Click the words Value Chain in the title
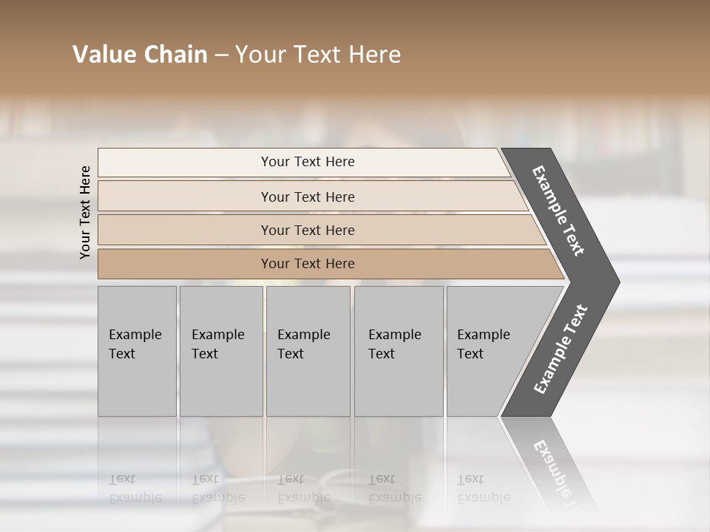pyautogui.click(x=140, y=55)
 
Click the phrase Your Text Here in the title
pyautogui.click(x=318, y=55)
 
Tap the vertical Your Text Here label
pyautogui.click(x=85, y=212)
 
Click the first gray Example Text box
pyautogui.click(x=137, y=351)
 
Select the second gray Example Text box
pyautogui.click(x=220, y=351)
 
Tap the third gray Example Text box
pyautogui.click(x=308, y=351)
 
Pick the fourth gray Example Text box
pyautogui.click(x=398, y=351)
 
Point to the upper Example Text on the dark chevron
pyautogui.click(x=559, y=211)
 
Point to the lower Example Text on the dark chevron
pyautogui.click(x=561, y=349)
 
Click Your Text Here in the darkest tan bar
pyautogui.click(x=308, y=264)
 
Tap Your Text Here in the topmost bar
pyautogui.click(x=308, y=162)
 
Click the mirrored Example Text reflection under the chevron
pyautogui.click(x=555, y=473)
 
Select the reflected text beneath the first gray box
pyautogui.click(x=135, y=488)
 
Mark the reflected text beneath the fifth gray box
pyautogui.click(x=483, y=488)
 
